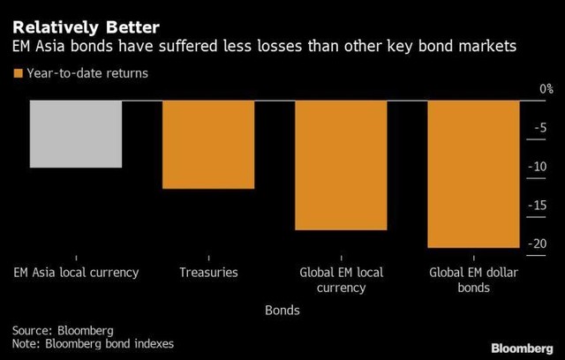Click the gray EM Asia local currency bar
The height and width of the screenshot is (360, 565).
[x=76, y=133]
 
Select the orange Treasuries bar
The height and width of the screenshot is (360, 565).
[x=208, y=144]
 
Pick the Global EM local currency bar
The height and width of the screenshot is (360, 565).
[x=341, y=164]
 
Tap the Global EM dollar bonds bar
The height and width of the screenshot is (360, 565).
[x=473, y=173]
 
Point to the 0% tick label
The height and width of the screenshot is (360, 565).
[x=545, y=89]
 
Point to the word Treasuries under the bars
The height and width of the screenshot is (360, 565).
[x=208, y=273]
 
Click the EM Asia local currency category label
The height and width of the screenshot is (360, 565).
[x=76, y=273]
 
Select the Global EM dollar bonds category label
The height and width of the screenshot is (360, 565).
[x=473, y=280]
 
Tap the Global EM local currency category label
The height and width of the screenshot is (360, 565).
[x=341, y=280]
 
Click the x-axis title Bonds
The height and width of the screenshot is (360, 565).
[x=282, y=311]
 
